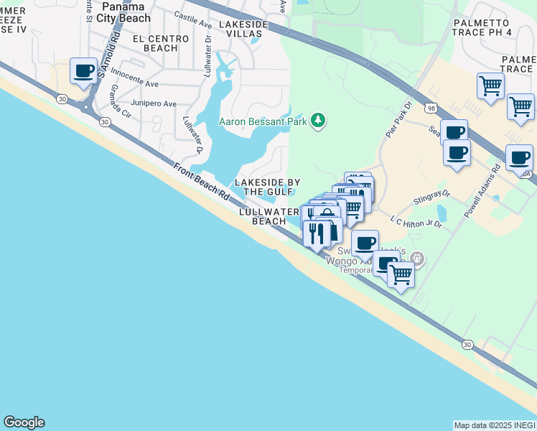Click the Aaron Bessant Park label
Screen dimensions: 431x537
click(x=262, y=121)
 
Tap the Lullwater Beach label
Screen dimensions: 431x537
click(x=269, y=216)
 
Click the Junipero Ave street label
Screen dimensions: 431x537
click(x=156, y=104)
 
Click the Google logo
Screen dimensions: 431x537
click(x=24, y=422)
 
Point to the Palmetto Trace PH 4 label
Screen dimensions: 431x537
click(x=492, y=27)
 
